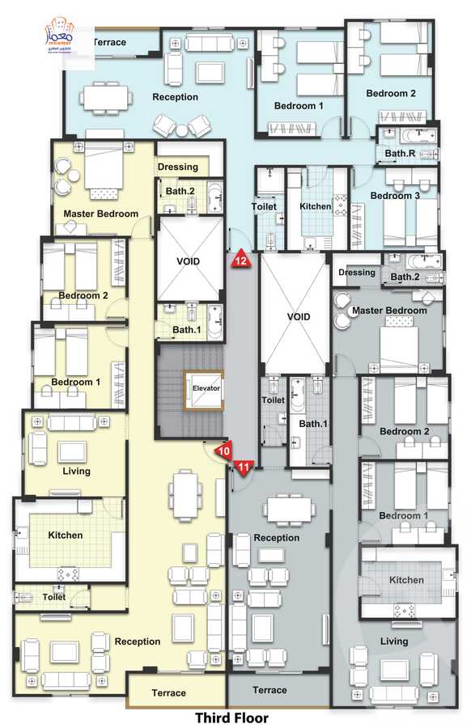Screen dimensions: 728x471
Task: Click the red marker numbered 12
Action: (x=241, y=260)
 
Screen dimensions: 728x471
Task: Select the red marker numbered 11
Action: (x=244, y=465)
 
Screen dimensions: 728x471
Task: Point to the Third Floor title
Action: (x=231, y=717)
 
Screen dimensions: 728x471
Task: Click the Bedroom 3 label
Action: (x=395, y=196)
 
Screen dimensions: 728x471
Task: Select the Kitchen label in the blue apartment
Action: (x=316, y=206)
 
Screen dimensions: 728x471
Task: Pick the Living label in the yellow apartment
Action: (x=76, y=471)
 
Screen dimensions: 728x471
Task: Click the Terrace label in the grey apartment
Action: (x=269, y=690)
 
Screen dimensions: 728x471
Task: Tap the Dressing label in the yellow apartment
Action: (x=178, y=167)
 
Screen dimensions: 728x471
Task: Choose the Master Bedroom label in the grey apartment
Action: (x=389, y=311)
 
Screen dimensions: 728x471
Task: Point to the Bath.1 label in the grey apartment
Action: (x=312, y=424)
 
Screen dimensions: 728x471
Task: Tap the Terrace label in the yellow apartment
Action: (x=168, y=693)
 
